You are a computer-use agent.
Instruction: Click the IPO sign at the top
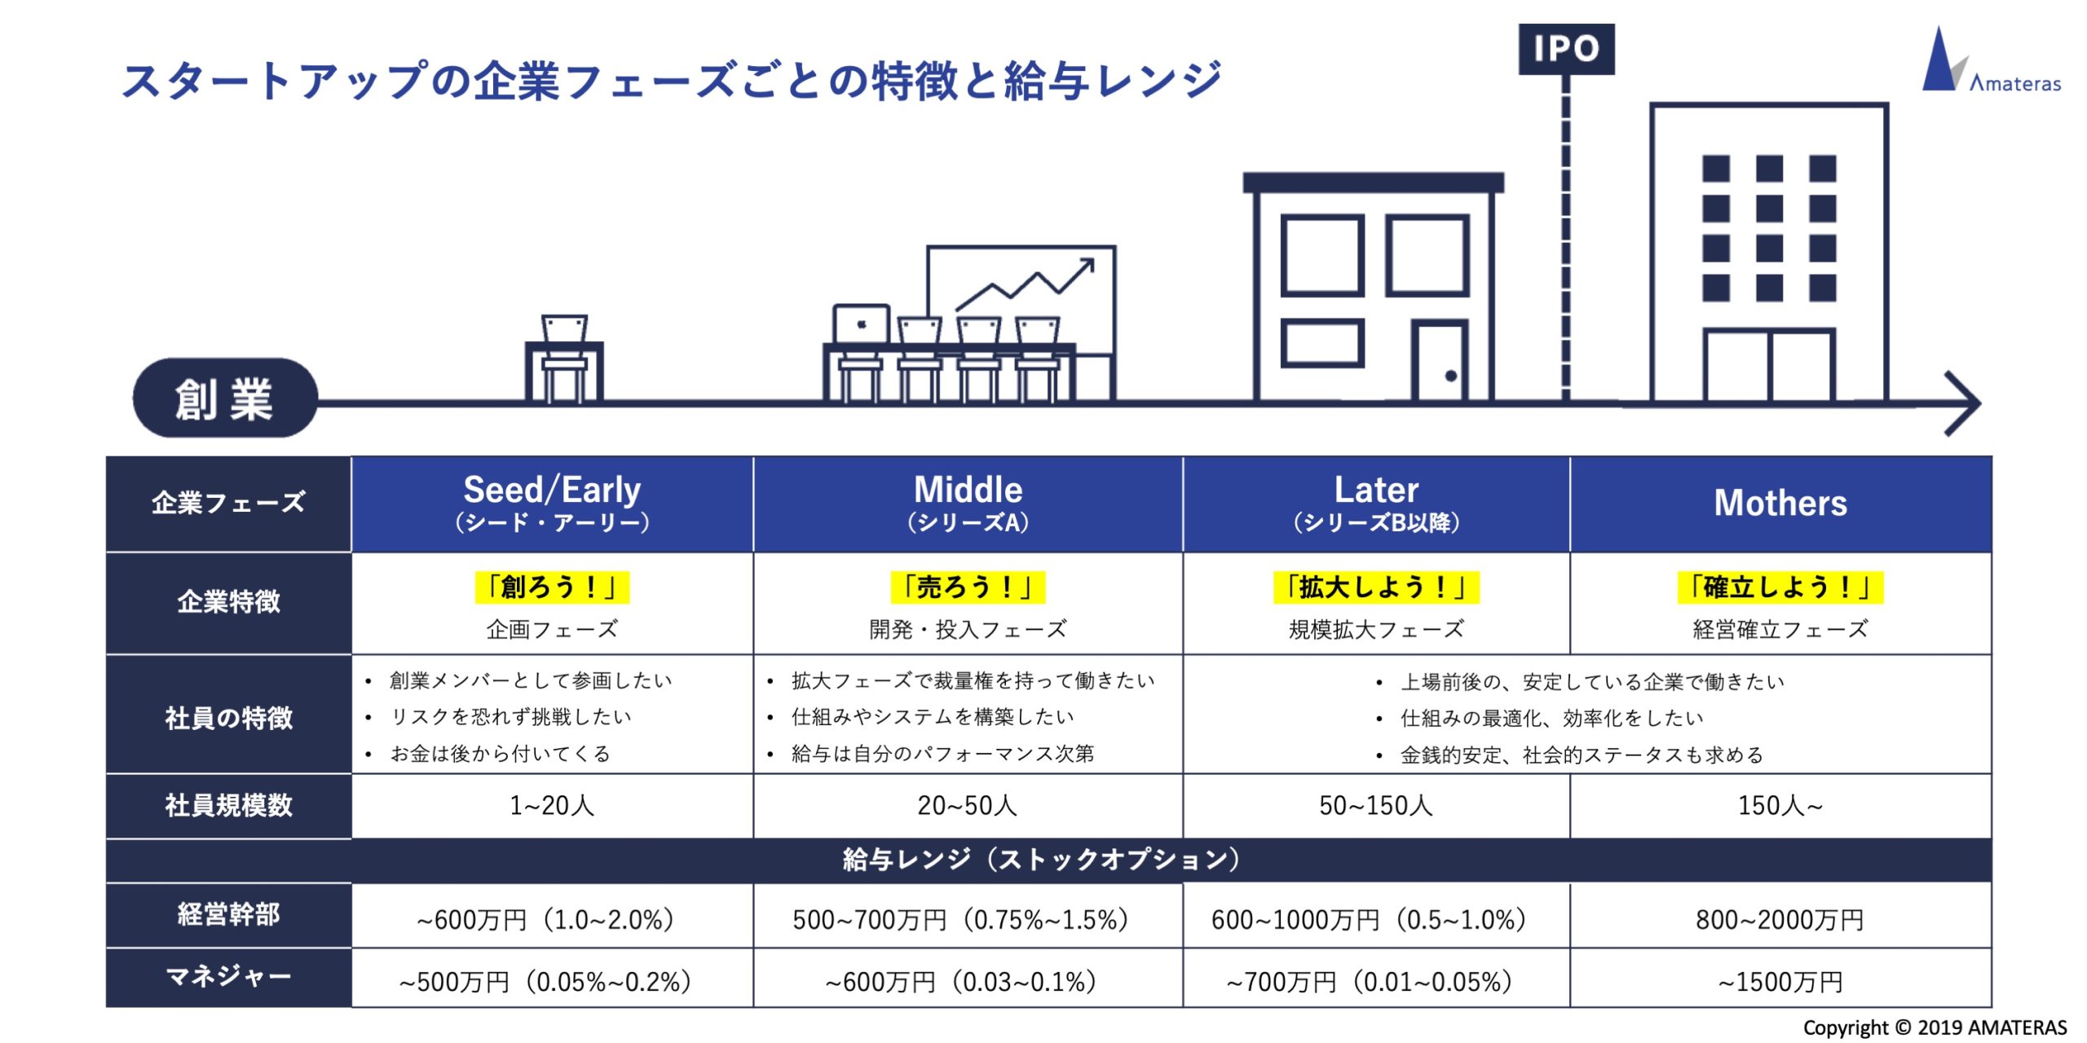point(1566,49)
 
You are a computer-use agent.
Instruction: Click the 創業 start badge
point(225,398)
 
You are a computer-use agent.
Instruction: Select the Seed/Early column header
point(552,504)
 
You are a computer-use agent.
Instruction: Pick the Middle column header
point(968,504)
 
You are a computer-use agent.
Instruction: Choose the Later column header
point(1376,504)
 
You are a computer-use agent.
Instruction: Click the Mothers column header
point(1780,504)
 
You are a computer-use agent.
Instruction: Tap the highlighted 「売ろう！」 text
point(968,587)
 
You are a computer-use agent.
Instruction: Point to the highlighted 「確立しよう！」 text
point(1780,587)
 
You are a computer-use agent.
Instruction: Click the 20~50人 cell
point(968,806)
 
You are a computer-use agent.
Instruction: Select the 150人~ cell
point(1780,806)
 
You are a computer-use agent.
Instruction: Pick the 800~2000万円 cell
point(1780,919)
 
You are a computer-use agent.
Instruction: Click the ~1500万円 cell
point(1780,981)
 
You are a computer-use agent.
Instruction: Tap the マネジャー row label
point(228,976)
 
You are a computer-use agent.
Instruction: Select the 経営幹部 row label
point(228,914)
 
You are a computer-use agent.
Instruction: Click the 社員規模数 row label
point(228,805)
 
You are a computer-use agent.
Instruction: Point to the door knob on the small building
point(1451,376)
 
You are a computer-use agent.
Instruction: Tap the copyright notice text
point(1935,1028)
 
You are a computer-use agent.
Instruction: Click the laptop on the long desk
point(861,324)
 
